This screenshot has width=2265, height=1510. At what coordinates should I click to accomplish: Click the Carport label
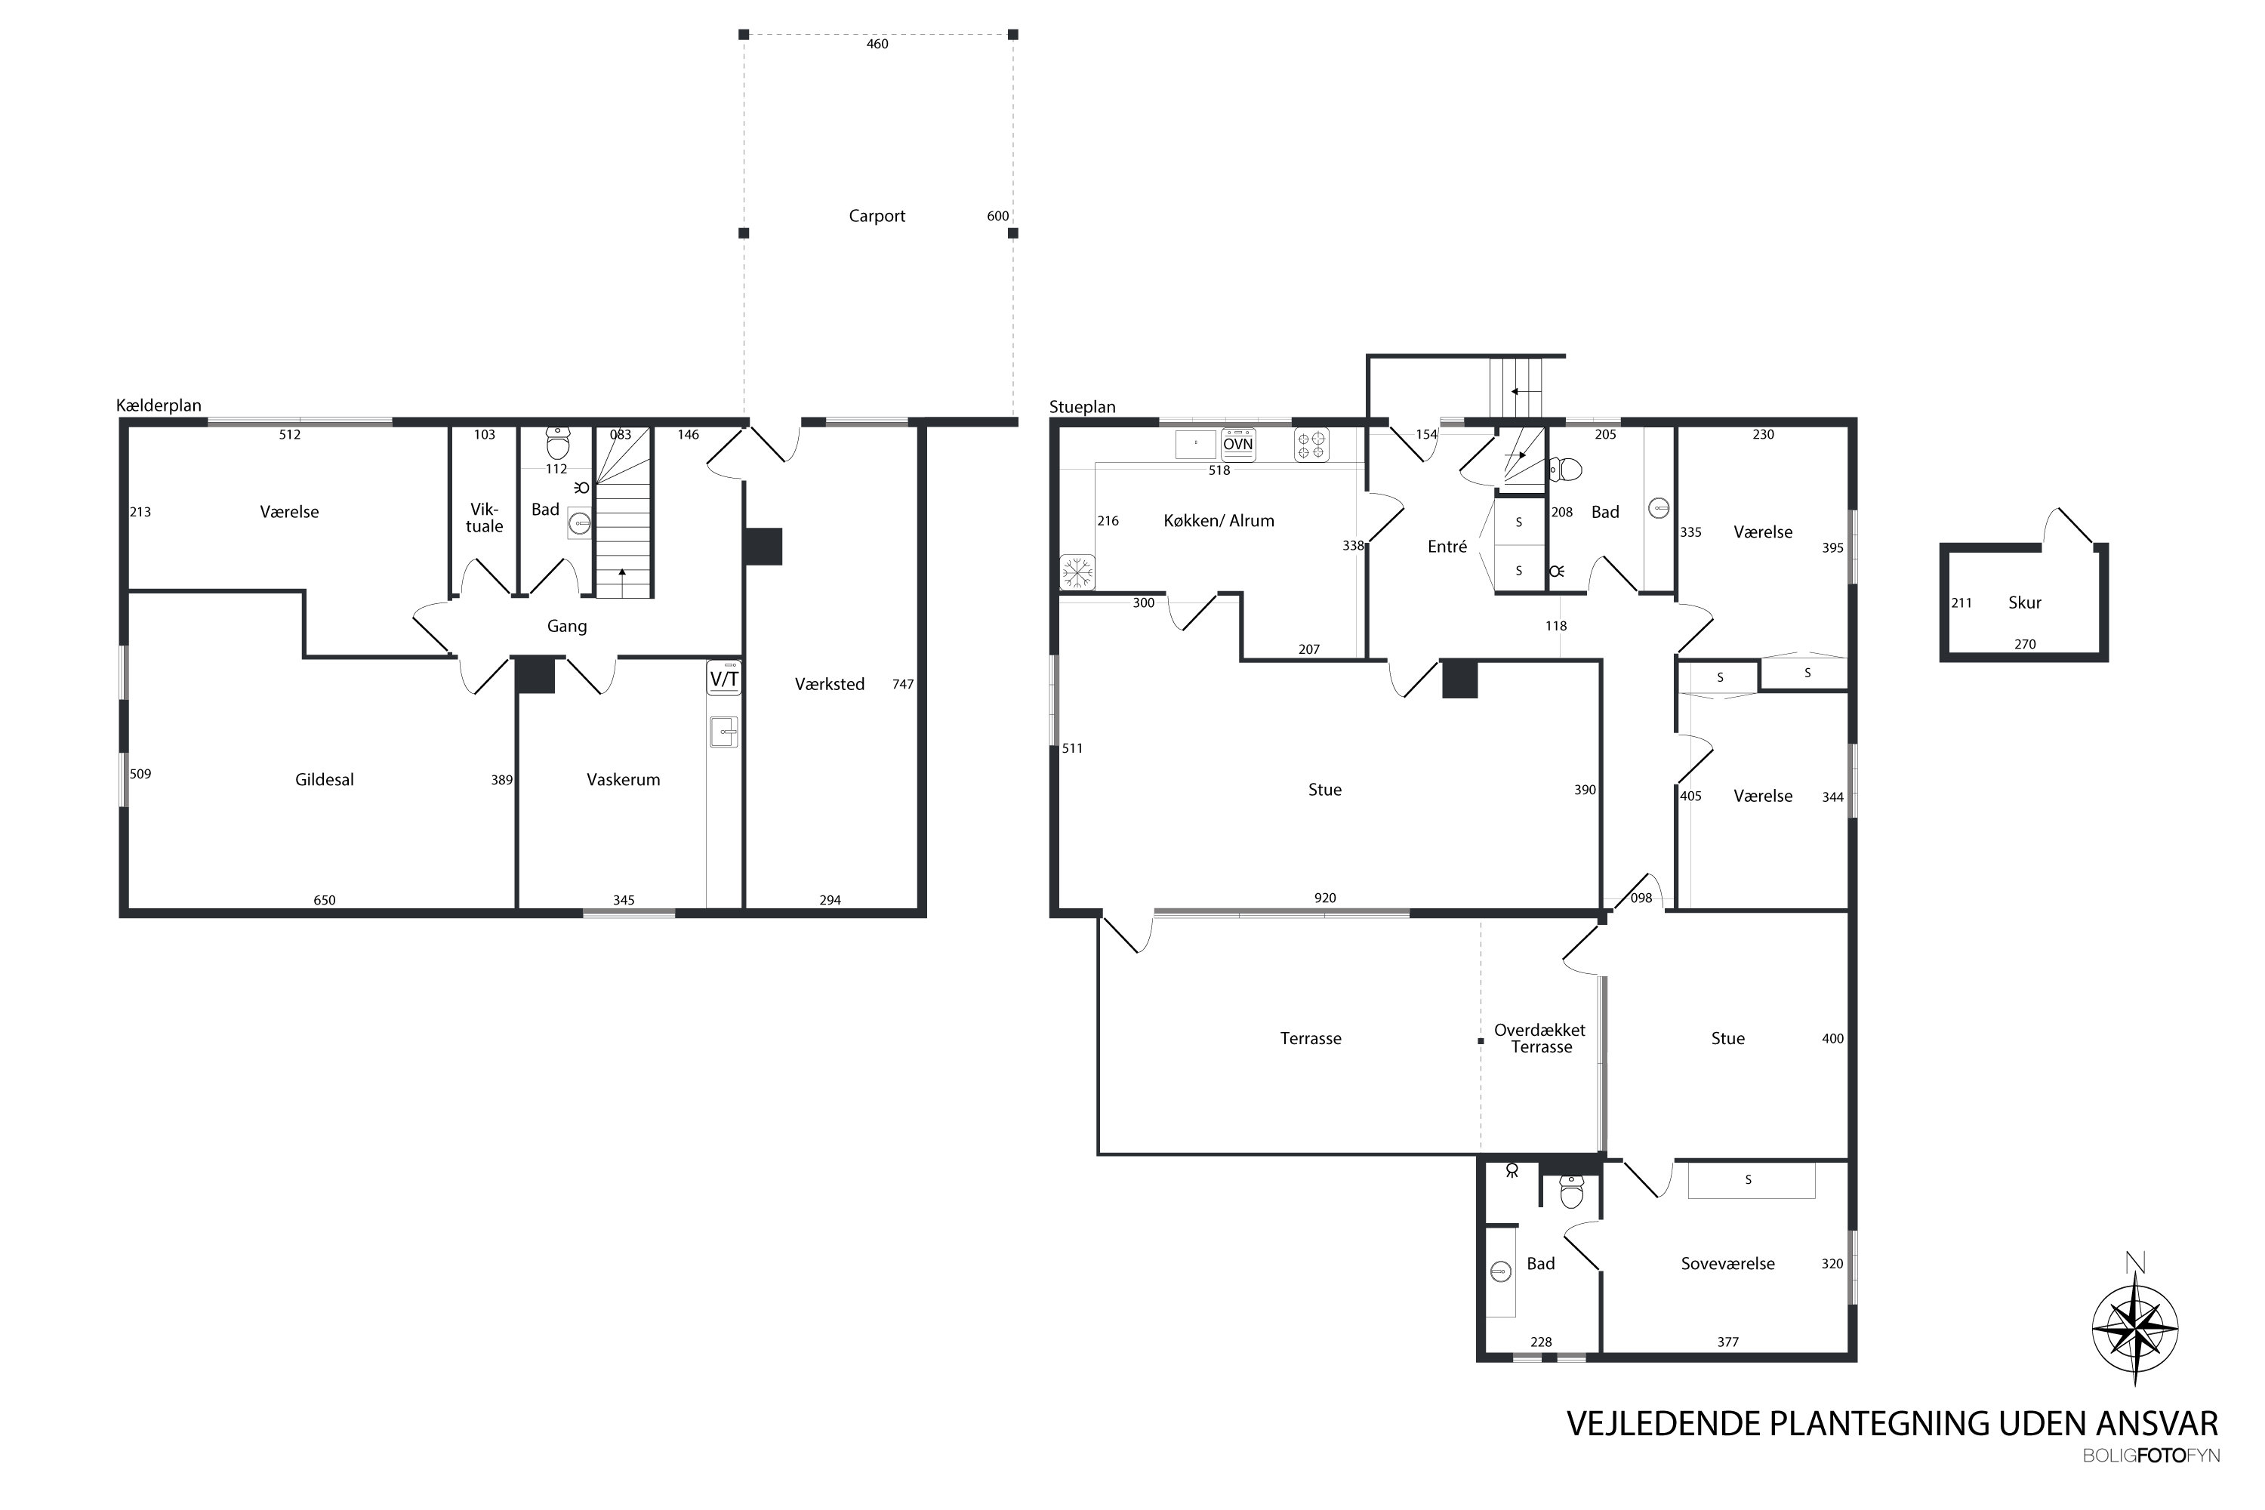click(x=877, y=216)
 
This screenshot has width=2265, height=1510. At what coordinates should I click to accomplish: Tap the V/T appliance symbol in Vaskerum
click(x=724, y=678)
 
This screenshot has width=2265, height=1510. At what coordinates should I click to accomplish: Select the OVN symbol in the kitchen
click(x=1237, y=444)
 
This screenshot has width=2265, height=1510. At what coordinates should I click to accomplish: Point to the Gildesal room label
click(x=325, y=779)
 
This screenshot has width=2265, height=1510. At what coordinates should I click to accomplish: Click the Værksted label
click(x=829, y=684)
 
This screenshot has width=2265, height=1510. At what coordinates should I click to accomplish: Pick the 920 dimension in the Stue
click(x=1325, y=898)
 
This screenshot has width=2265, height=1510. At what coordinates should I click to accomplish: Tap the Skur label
click(x=2024, y=602)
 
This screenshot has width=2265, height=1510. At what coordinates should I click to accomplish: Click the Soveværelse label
click(x=1727, y=1263)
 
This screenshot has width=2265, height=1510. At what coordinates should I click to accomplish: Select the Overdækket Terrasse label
click(x=1540, y=1038)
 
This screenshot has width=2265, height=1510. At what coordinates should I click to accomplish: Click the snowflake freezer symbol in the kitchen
click(x=1077, y=572)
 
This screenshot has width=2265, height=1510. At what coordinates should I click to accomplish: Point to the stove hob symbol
click(x=1311, y=445)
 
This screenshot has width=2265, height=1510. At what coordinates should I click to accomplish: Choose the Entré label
click(x=1447, y=546)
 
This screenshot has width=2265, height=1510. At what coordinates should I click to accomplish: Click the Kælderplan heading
click(x=159, y=405)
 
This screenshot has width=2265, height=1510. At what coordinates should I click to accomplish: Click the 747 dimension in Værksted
click(x=902, y=684)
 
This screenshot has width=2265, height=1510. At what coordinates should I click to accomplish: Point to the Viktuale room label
click(x=485, y=517)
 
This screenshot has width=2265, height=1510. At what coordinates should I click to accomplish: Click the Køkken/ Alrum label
click(x=1219, y=520)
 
